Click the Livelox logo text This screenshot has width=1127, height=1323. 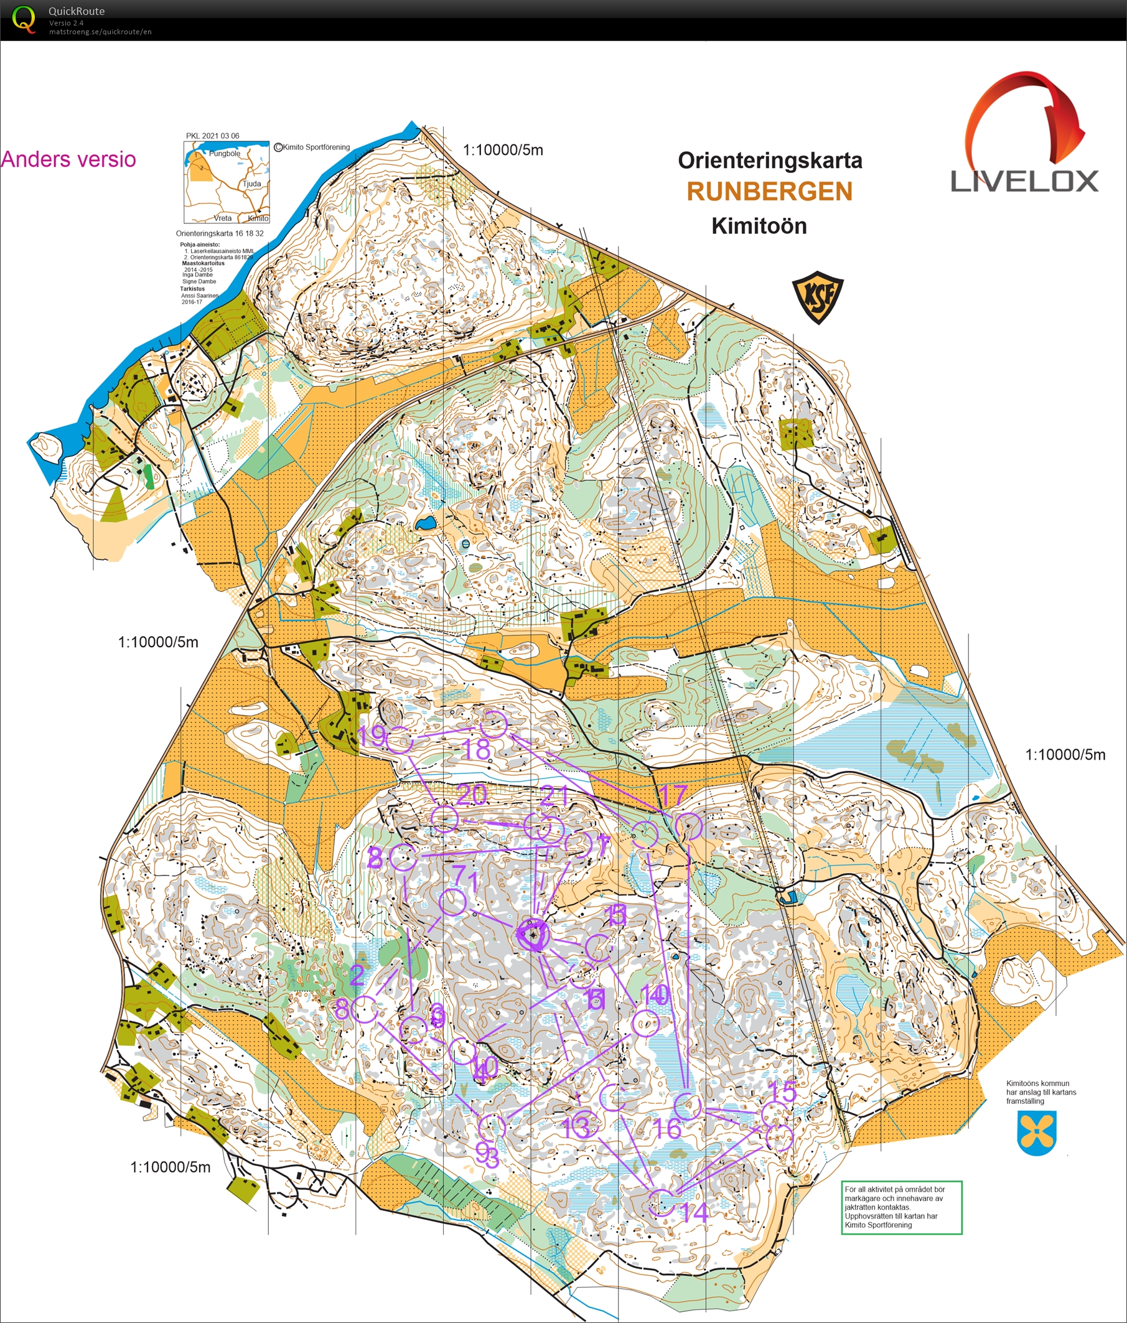click(x=1024, y=180)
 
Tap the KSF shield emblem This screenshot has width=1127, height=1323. click(x=817, y=297)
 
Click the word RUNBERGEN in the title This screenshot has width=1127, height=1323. click(x=769, y=192)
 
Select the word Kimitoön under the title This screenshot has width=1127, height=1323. click(x=759, y=226)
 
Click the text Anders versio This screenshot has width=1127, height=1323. click(x=68, y=159)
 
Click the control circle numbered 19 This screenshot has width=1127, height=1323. click(x=400, y=740)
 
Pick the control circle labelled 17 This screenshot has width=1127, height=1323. click(x=689, y=826)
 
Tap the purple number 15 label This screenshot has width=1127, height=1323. click(x=782, y=1092)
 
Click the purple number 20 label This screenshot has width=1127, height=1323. click(x=472, y=794)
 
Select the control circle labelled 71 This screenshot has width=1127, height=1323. click(x=452, y=903)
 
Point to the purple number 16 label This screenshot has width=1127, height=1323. click(x=668, y=1129)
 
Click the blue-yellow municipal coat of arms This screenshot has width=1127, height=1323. click(x=1037, y=1133)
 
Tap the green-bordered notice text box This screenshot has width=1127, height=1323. click(x=902, y=1207)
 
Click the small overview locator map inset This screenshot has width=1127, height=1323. click(x=227, y=182)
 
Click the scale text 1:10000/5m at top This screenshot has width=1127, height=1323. click(x=503, y=150)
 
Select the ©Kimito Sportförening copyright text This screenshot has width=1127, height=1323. click(x=312, y=147)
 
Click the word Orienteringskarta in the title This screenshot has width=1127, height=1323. click(x=769, y=161)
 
